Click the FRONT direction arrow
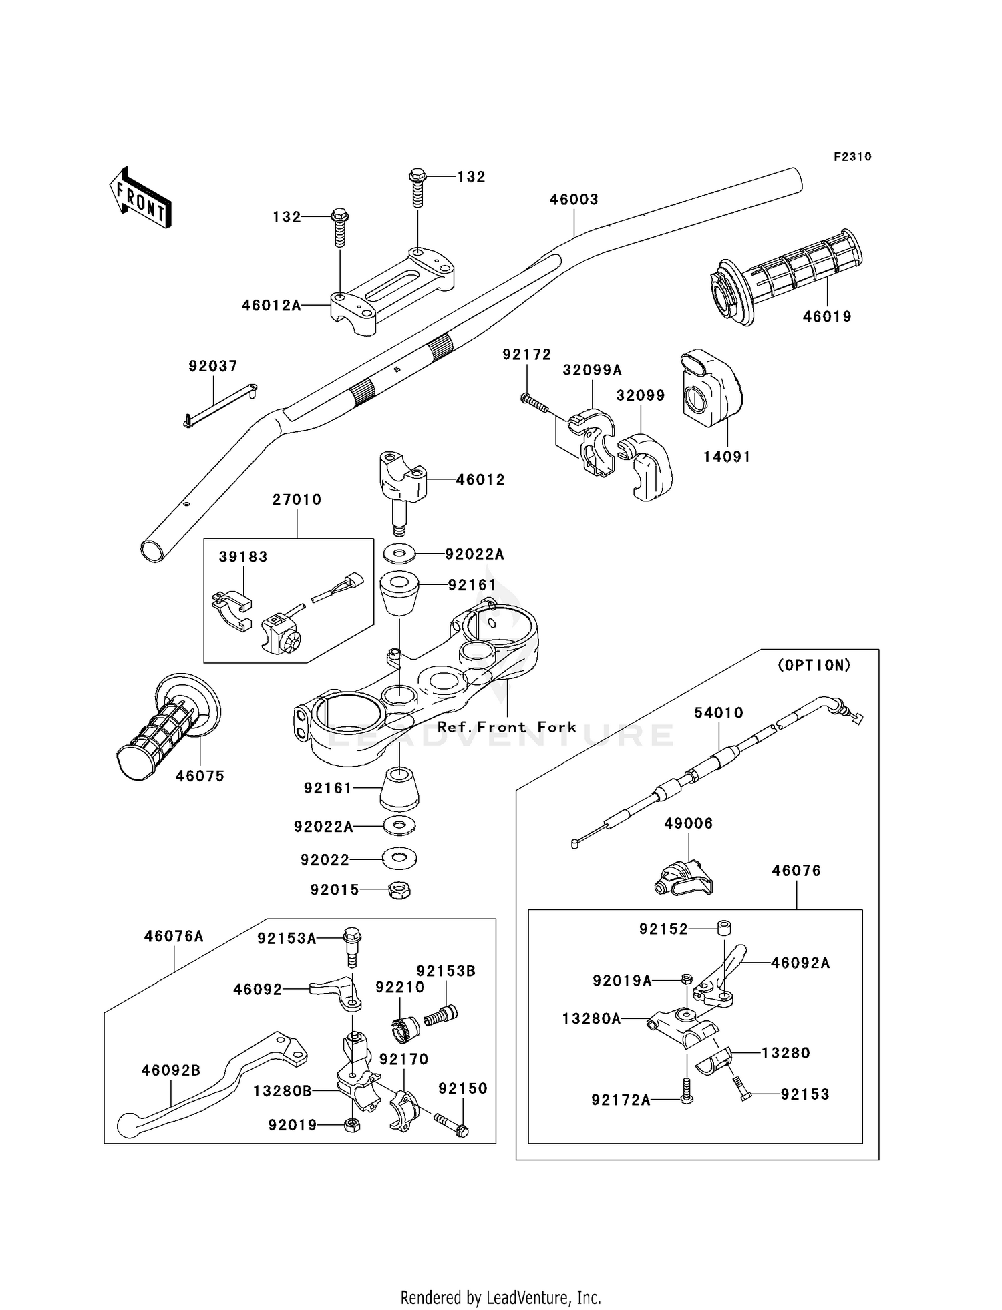tap(140, 198)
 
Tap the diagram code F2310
tap(852, 157)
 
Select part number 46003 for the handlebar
tap(574, 199)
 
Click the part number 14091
tap(727, 457)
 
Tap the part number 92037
tap(213, 366)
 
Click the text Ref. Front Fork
tap(506, 727)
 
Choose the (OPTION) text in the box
tap(814, 665)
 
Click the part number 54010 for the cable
tap(719, 713)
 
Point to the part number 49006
tap(688, 823)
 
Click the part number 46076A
tap(174, 936)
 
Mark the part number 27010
tap(297, 499)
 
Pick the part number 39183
tap(243, 556)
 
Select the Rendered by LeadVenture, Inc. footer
tap(500, 1297)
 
